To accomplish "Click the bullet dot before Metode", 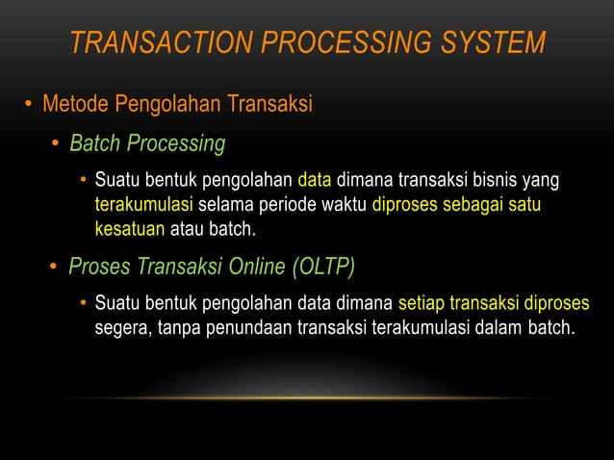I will pos(29,104).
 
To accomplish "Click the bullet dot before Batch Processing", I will pos(57,145).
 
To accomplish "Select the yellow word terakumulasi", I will pos(144,205).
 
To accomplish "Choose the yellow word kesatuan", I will pos(130,229).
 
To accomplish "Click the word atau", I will pos(187,229).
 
